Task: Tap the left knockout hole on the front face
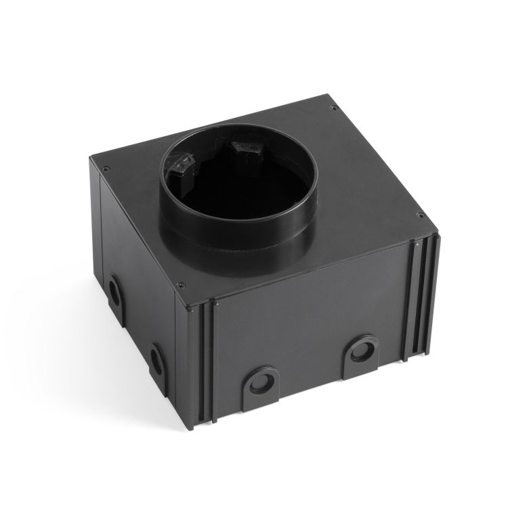259,381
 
